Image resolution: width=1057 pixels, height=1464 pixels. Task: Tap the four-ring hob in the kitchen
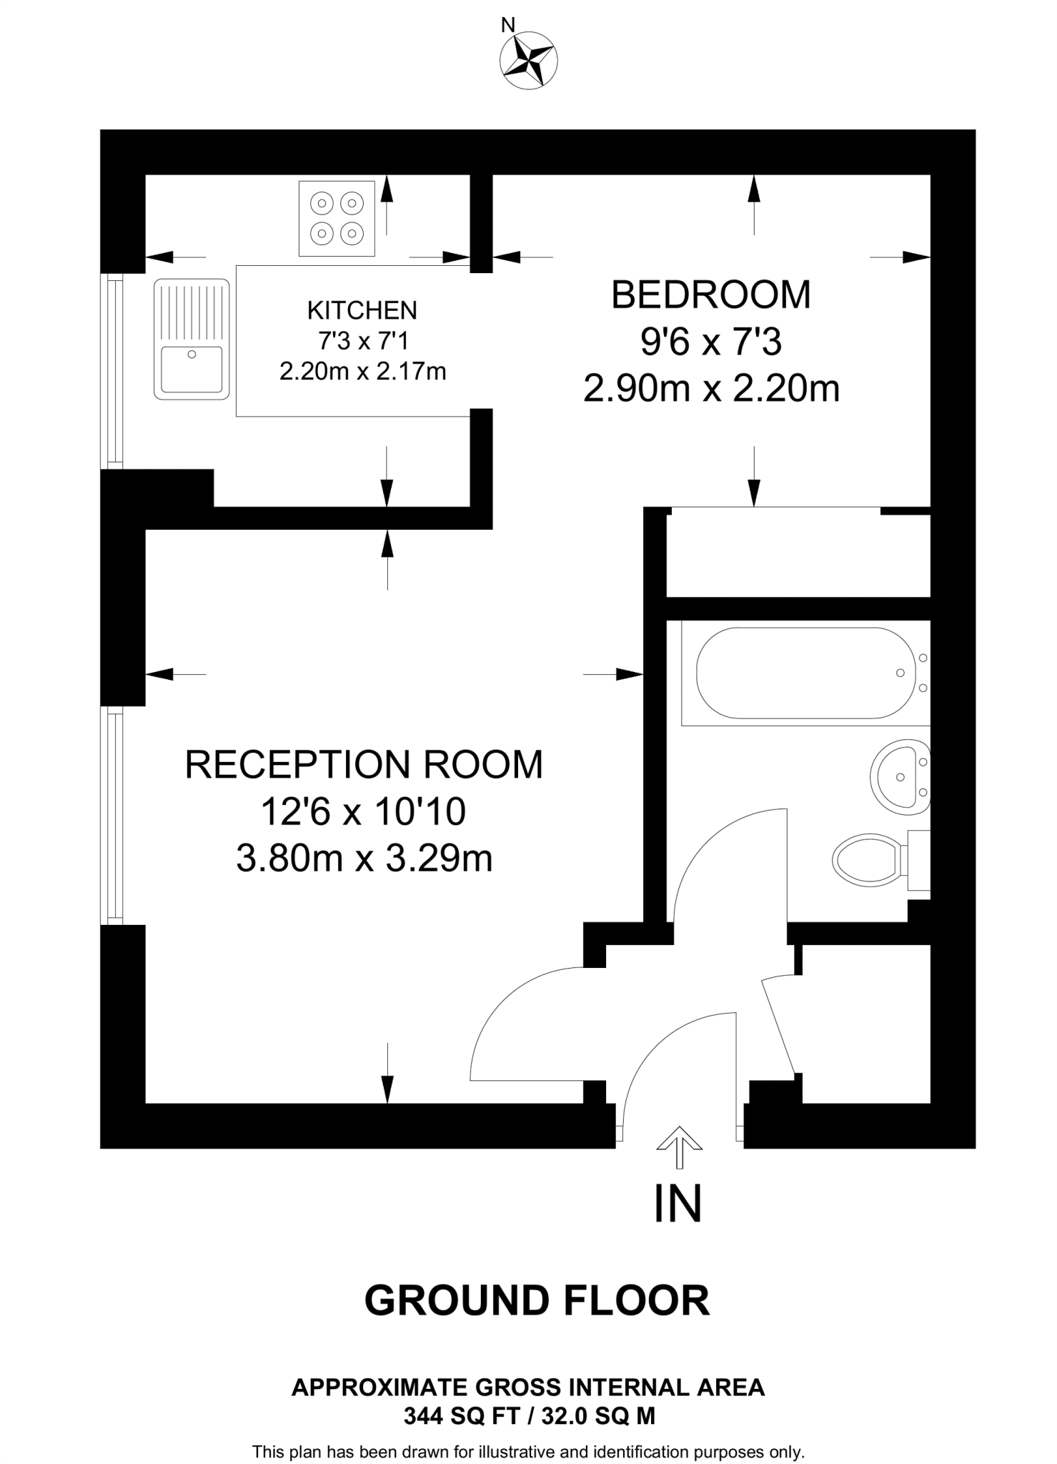pyautogui.click(x=337, y=218)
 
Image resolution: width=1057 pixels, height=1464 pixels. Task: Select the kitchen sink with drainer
pyautogui.click(x=191, y=338)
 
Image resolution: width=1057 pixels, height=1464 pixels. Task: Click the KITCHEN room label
pyautogui.click(x=362, y=310)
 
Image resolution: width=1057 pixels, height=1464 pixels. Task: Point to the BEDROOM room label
pyautogui.click(x=711, y=295)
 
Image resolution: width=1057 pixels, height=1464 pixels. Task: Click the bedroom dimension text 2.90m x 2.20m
pyautogui.click(x=711, y=390)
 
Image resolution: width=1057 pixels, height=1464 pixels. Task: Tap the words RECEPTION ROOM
pyautogui.click(x=364, y=764)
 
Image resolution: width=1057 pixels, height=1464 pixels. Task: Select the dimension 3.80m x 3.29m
pyautogui.click(x=364, y=859)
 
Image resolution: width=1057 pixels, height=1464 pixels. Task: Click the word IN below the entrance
pyautogui.click(x=678, y=1204)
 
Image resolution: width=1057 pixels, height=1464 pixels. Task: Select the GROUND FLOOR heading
pyautogui.click(x=537, y=1300)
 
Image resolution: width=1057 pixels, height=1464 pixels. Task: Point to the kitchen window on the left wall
pyautogui.click(x=112, y=372)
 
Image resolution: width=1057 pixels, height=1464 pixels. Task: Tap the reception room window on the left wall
pyautogui.click(x=112, y=815)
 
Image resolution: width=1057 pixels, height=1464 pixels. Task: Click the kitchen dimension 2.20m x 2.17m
pyautogui.click(x=362, y=372)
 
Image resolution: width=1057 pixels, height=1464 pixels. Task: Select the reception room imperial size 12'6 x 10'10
pyautogui.click(x=363, y=811)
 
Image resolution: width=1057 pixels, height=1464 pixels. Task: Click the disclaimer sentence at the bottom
pyautogui.click(x=528, y=1452)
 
